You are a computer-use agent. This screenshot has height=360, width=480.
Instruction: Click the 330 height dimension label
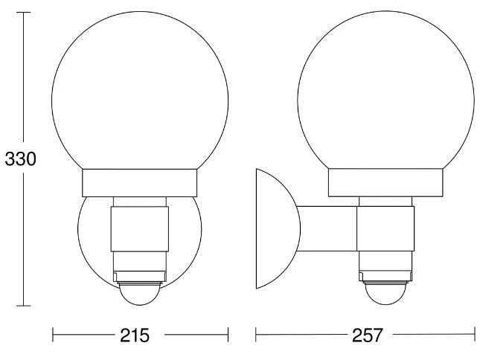tap(20, 159)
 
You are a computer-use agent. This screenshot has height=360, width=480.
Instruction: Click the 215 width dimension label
tap(135, 335)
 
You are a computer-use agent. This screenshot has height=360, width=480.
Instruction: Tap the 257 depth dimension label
tap(368, 335)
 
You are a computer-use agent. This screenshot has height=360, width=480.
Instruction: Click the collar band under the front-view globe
tap(140, 183)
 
